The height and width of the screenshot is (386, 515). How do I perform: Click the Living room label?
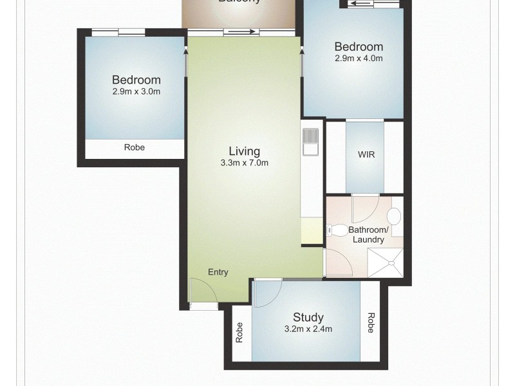pos(245,152)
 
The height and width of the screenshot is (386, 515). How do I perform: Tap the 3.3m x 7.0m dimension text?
pos(244,163)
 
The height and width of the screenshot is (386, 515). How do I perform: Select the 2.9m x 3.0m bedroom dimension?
pos(136,91)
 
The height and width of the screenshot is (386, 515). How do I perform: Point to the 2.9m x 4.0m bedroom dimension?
pos(359,58)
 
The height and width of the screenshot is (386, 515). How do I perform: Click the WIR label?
pos(366,155)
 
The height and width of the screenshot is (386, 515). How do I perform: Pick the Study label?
pos(308,317)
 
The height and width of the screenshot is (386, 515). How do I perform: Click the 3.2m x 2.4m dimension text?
pos(308,329)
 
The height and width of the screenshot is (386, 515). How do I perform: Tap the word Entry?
pos(218,272)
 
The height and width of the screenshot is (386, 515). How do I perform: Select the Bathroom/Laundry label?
pos(368,235)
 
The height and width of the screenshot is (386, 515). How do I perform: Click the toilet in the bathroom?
pos(335,228)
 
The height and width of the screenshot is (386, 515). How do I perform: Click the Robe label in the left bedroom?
pos(135,147)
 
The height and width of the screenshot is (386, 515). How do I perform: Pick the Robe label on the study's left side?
pos(239,331)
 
